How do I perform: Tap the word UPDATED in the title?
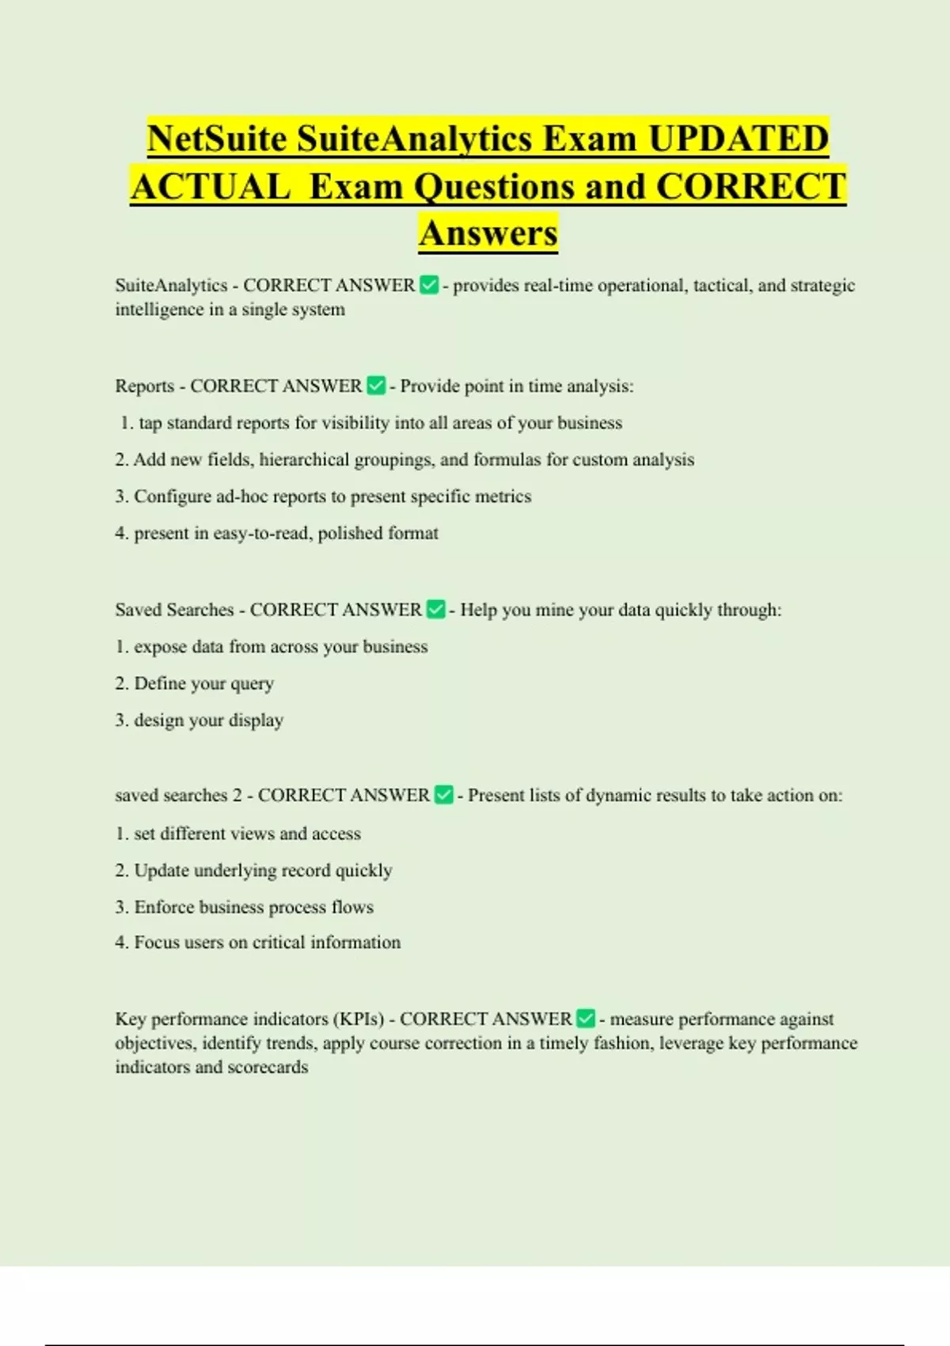738,139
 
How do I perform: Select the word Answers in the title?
488,233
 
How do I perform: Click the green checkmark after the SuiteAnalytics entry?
428,285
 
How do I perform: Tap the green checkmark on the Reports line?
376,386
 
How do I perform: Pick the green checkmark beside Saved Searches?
435,609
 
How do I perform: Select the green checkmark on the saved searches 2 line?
444,794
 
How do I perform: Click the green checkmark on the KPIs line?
586,1018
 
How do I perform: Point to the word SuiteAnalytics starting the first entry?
171,285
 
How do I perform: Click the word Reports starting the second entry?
145,386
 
